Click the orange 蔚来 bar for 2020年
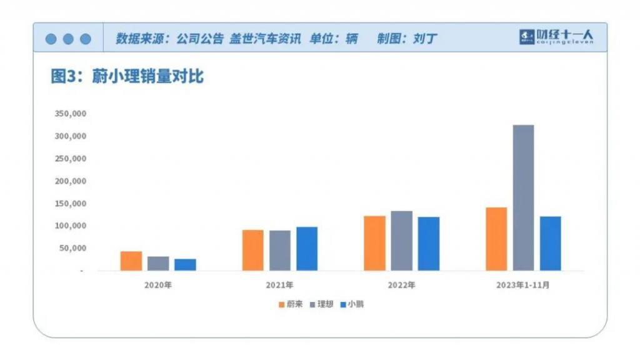[x=131, y=261]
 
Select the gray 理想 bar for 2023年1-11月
[x=523, y=197]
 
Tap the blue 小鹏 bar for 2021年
[x=307, y=249]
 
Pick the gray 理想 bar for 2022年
[x=402, y=241]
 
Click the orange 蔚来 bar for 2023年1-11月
[x=496, y=239]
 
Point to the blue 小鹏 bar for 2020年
[x=185, y=265]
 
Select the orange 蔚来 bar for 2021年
[x=252, y=250]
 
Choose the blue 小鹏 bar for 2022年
[x=429, y=244]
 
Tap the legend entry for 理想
[x=321, y=304]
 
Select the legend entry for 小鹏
[x=351, y=304]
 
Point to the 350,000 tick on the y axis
[x=70, y=114]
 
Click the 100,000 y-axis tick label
[x=70, y=226]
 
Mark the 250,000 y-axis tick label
[x=70, y=159]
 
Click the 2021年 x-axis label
[x=279, y=285]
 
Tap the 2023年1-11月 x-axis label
[x=524, y=285]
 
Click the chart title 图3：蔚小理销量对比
[x=127, y=77]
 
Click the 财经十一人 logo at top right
[x=556, y=37]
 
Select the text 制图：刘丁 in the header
[x=407, y=39]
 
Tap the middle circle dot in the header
[x=68, y=39]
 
